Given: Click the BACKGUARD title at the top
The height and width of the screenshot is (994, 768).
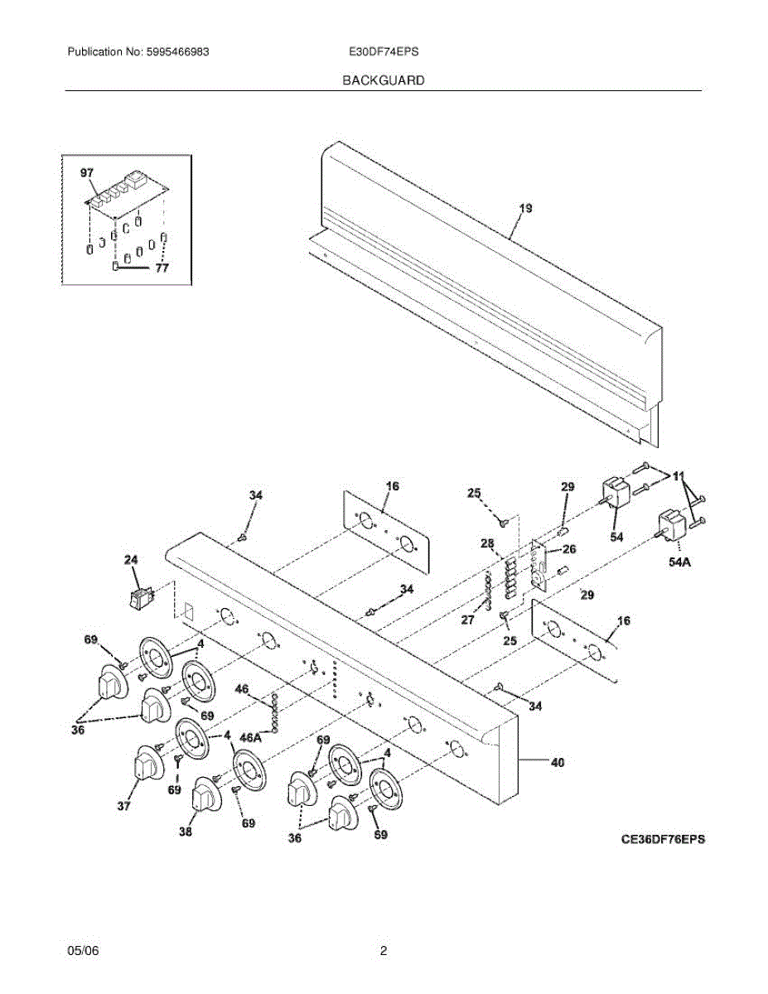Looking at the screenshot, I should coord(384,80).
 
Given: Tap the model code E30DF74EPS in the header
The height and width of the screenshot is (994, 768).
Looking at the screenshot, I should coord(384,51).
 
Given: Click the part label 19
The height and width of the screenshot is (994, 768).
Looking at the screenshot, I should coord(525,209).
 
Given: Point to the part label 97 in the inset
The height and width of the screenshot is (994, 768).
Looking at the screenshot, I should coord(87,173).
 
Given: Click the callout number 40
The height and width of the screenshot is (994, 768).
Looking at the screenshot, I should coord(557,763).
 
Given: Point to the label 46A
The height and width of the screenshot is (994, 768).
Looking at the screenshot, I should coord(251,736).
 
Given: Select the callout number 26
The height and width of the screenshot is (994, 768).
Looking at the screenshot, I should coord(569,548).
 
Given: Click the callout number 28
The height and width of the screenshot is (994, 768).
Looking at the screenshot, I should coord(487,543).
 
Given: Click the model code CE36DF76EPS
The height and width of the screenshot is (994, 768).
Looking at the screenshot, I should coord(663,838).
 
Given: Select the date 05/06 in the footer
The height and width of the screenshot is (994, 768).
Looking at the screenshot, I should coord(83,952).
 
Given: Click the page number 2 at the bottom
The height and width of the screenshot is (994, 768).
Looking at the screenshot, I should coord(384,952).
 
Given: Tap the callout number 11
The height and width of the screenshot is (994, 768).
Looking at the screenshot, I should coord(679,476).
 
